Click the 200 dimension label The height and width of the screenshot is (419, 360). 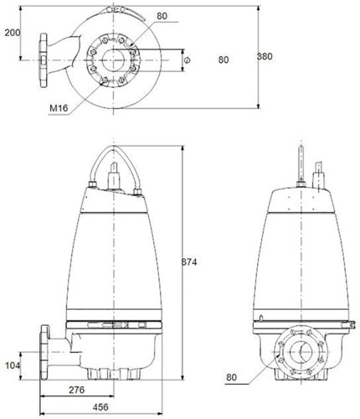[x=13, y=33]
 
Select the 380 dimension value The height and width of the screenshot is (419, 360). [x=265, y=56]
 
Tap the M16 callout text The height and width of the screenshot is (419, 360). [x=59, y=108]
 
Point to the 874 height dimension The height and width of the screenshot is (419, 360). [x=189, y=262]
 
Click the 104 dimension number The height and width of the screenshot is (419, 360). [x=13, y=365]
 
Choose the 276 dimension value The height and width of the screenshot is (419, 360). [x=76, y=390]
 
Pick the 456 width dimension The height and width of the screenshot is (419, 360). [x=100, y=407]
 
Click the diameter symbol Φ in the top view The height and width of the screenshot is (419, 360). [x=188, y=59]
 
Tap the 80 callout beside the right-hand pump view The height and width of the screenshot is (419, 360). [x=231, y=377]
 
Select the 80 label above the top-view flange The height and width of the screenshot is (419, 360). [x=162, y=16]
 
